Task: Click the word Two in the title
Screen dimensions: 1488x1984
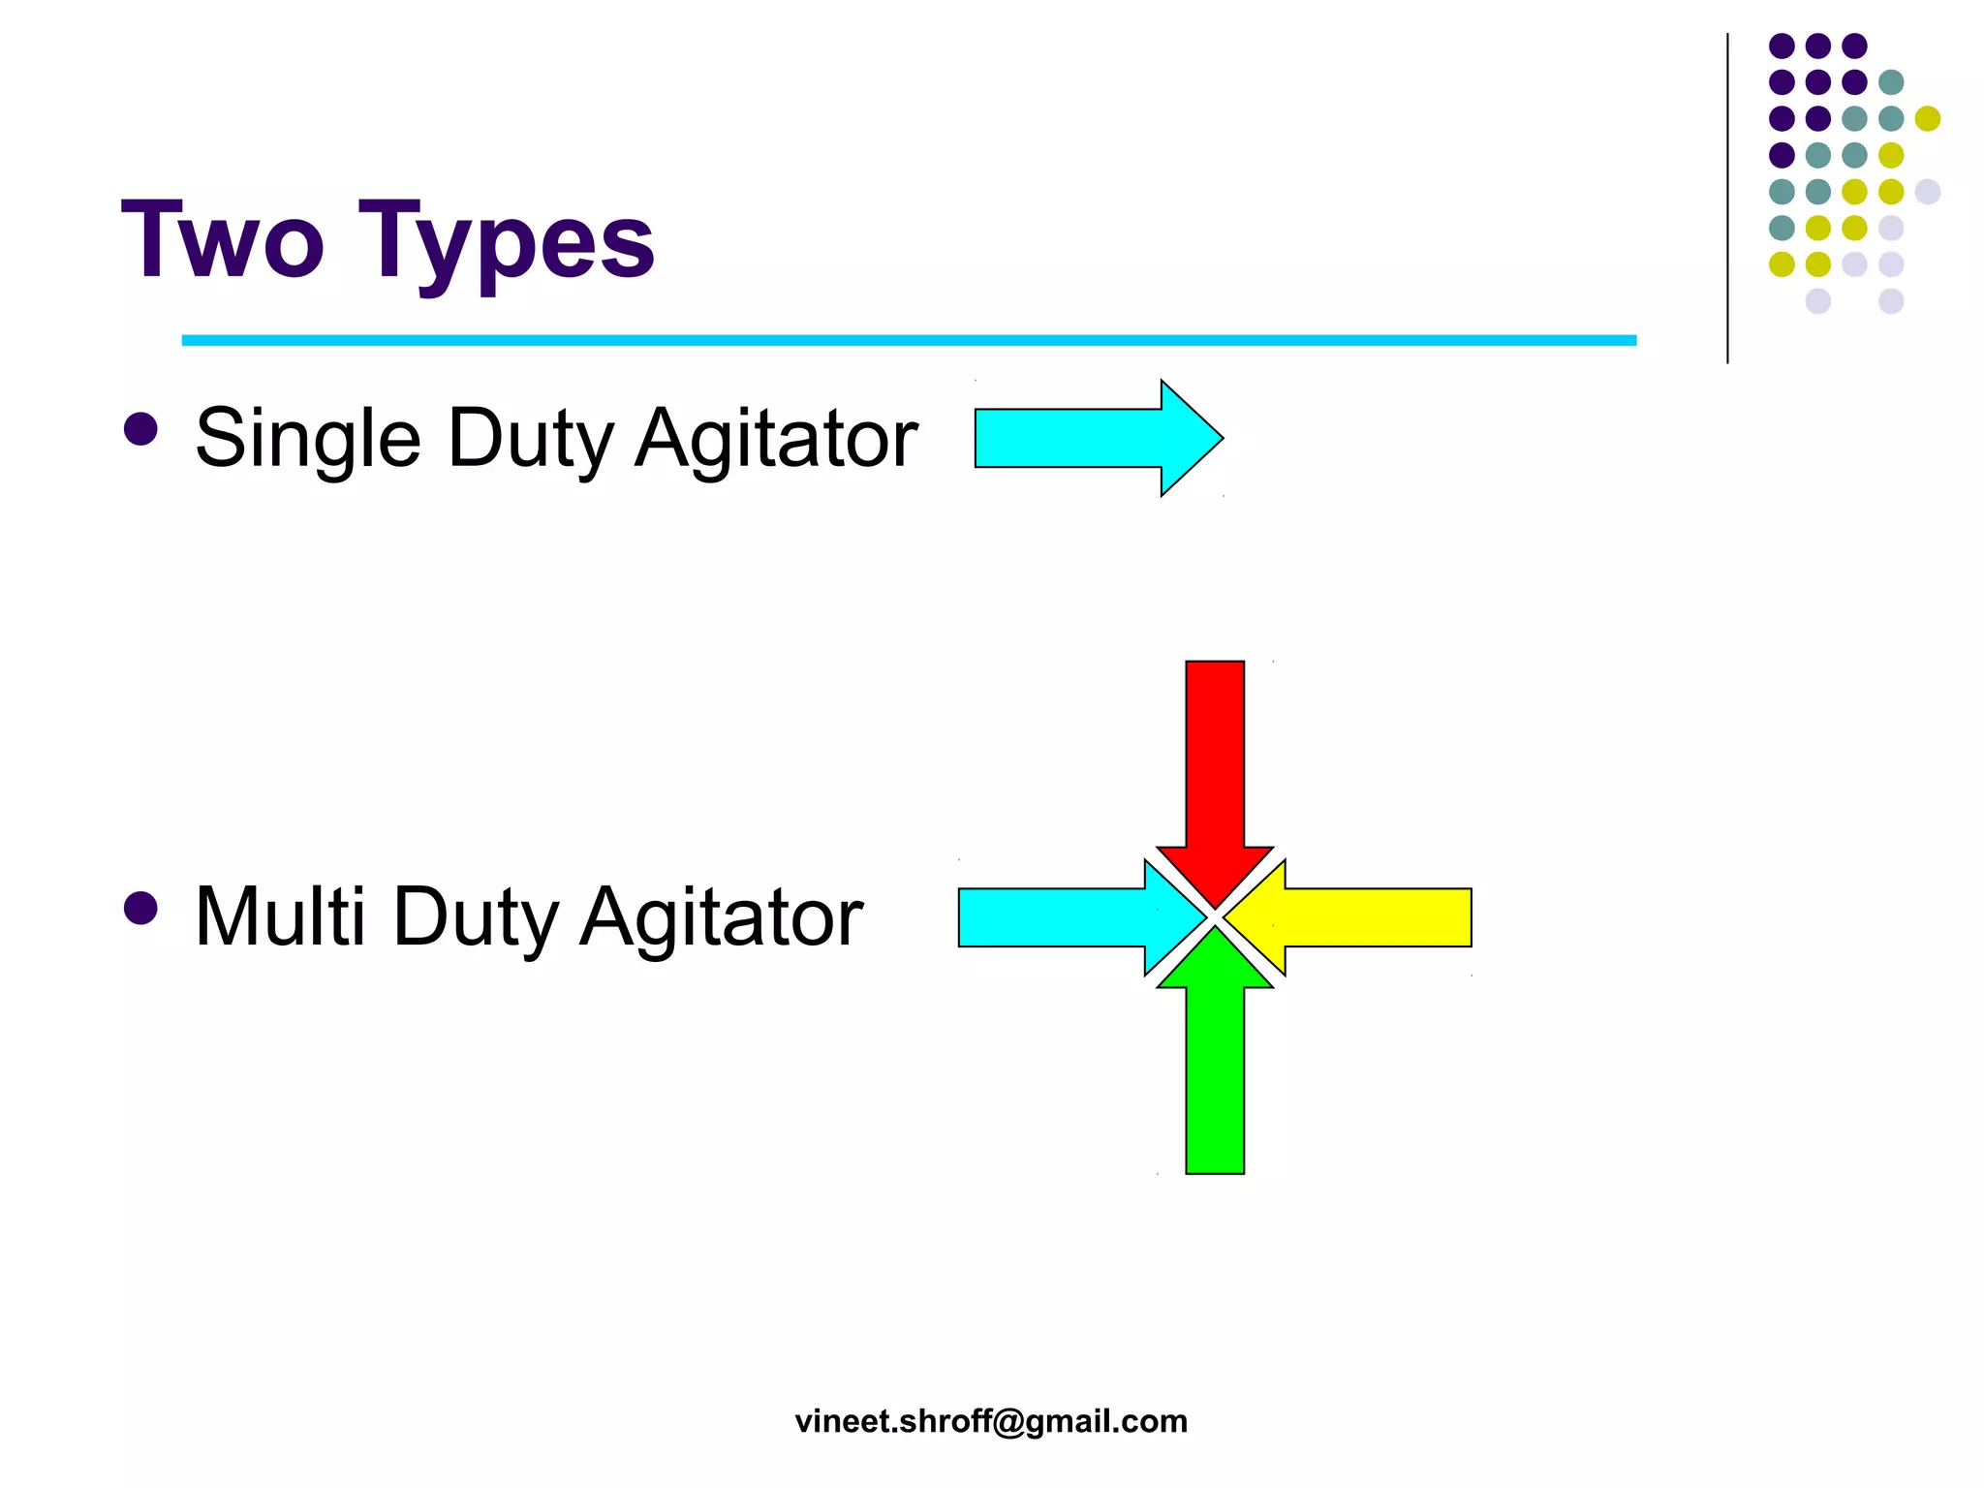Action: [x=222, y=239]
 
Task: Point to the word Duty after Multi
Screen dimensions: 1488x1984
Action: [x=476, y=916]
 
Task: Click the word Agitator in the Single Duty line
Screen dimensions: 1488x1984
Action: [x=776, y=439]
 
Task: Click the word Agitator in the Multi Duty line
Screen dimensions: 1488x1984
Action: [x=721, y=916]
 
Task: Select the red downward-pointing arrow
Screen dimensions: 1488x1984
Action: [x=1215, y=765]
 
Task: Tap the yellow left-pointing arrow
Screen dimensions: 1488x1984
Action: [x=1366, y=916]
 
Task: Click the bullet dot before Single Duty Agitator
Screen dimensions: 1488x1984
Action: [x=141, y=429]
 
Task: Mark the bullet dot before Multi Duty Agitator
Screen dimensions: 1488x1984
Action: [x=141, y=908]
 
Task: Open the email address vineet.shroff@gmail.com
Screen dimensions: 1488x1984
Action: [x=991, y=1421]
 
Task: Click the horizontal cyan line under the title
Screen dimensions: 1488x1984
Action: [x=909, y=340]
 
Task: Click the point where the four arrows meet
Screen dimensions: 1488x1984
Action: [x=1215, y=916]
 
